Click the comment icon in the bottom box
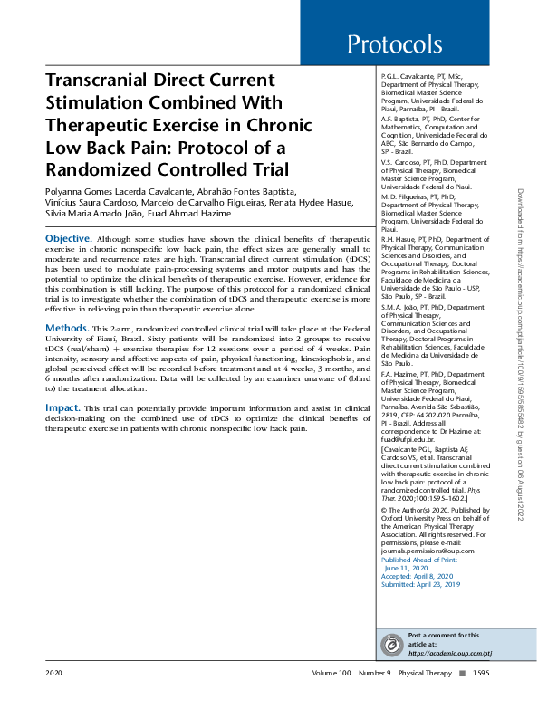click(x=393, y=645)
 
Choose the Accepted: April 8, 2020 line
click(x=418, y=576)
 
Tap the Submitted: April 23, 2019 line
click(x=421, y=584)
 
